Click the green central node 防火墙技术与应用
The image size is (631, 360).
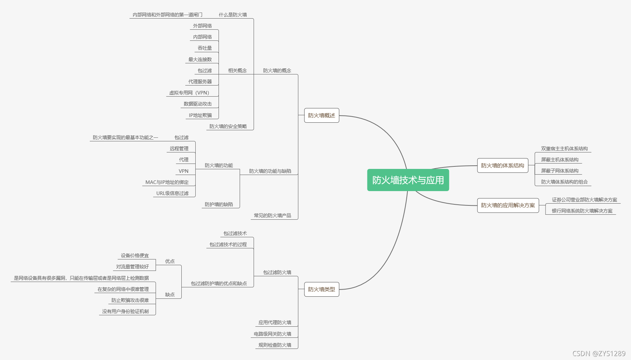(408, 180)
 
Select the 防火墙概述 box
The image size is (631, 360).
(322, 115)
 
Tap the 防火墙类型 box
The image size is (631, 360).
(322, 289)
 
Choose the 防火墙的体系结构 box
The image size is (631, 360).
(502, 165)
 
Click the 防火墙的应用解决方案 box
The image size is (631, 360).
(508, 205)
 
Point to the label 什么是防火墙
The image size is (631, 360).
(233, 15)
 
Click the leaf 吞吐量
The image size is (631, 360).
(205, 48)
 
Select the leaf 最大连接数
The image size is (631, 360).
(200, 59)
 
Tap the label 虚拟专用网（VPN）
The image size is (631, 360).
(189, 93)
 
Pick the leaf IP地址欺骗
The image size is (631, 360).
(200, 115)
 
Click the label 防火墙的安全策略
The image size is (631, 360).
(228, 126)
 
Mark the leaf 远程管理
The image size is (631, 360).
(179, 149)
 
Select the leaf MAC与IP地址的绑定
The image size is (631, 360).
(167, 182)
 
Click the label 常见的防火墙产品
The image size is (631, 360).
(273, 215)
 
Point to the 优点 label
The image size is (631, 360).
(170, 261)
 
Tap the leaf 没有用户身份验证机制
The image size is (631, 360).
(125, 311)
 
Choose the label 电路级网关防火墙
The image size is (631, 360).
(273, 334)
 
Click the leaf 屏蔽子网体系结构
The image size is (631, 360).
(559, 171)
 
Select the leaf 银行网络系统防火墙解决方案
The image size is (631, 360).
(582, 211)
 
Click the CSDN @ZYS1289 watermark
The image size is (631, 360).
(599, 354)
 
